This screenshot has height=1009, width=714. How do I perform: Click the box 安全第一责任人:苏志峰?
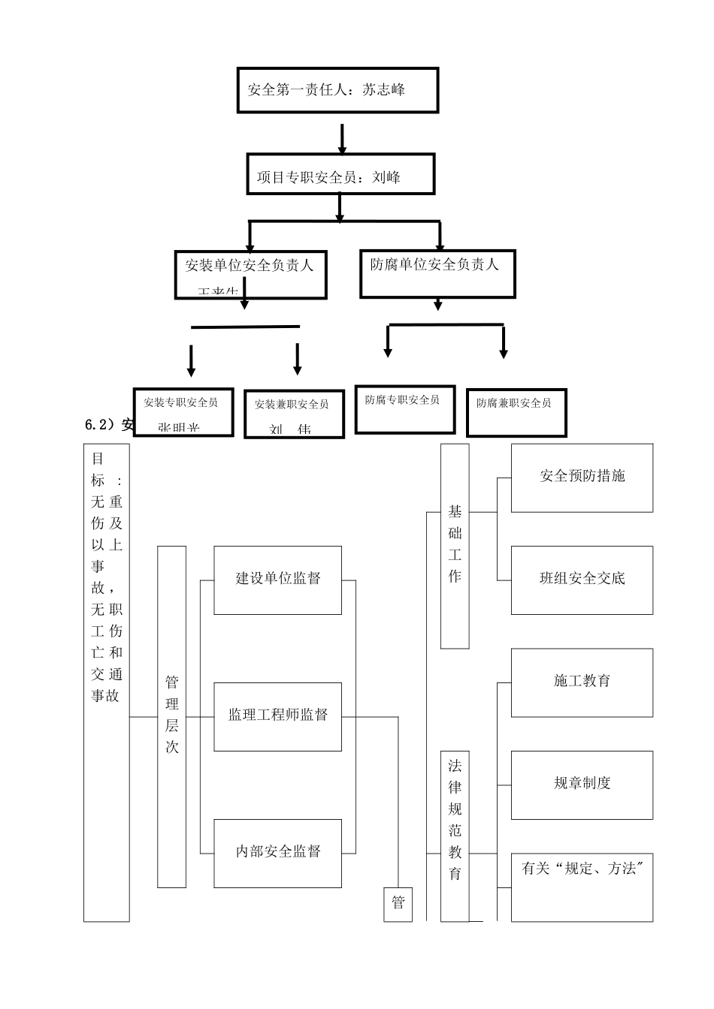click(x=337, y=90)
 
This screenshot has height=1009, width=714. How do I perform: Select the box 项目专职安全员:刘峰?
click(x=340, y=175)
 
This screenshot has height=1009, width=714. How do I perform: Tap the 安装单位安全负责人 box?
click(x=250, y=275)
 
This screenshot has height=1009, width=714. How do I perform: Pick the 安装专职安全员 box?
click(x=183, y=411)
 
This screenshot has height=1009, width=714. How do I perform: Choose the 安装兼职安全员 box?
click(x=294, y=413)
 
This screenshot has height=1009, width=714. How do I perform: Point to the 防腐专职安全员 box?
click(x=404, y=410)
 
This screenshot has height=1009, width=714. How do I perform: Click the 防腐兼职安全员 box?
click(x=516, y=412)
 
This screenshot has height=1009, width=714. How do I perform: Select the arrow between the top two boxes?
click(x=342, y=139)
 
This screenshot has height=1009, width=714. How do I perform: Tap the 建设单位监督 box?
click(x=277, y=580)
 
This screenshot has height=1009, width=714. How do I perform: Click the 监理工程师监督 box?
click(x=277, y=716)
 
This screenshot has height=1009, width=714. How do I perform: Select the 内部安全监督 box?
click(x=277, y=853)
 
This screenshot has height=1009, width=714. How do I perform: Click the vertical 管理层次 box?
click(x=171, y=716)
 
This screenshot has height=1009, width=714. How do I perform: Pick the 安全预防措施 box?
click(x=582, y=477)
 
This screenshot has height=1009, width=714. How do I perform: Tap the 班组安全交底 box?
click(x=582, y=580)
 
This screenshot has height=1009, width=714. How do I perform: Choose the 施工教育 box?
click(x=582, y=682)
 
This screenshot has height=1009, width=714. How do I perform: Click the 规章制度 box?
click(x=582, y=785)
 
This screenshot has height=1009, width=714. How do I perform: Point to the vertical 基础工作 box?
click(x=455, y=546)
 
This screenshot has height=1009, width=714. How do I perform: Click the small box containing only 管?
click(x=398, y=904)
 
